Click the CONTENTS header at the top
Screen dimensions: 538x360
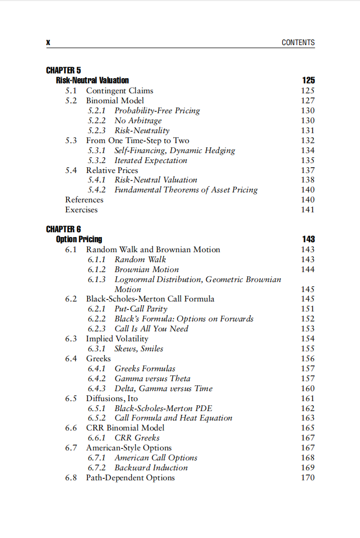tap(298, 42)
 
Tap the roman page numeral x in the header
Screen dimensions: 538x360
tap(48, 42)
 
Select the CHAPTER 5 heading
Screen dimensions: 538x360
tap(63, 70)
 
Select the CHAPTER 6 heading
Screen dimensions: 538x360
tap(63, 229)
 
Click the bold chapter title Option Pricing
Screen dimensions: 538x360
tap(79, 239)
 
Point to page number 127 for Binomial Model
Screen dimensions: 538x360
tap(308, 101)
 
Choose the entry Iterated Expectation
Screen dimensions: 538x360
tap(151, 160)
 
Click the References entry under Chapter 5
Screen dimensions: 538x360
tap(84, 200)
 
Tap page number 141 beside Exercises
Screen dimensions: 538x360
tap(308, 210)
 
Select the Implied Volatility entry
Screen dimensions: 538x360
tap(117, 339)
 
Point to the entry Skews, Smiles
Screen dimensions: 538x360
tap(139, 349)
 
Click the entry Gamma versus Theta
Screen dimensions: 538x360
tap(152, 379)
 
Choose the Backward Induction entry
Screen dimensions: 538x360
tap(151, 468)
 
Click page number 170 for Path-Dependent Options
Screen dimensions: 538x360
tap(308, 478)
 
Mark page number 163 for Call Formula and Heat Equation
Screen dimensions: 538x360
tap(308, 418)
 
